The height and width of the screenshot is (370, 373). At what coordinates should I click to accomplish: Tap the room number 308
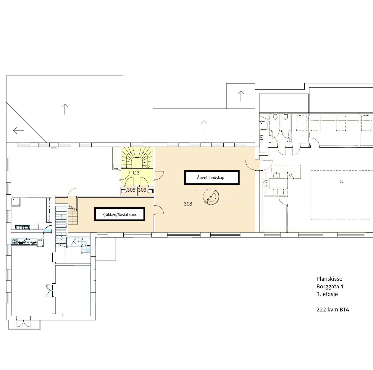pos(188,204)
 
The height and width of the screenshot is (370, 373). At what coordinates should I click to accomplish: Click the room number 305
pos(131,190)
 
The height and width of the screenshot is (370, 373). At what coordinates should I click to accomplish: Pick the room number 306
pos(142,190)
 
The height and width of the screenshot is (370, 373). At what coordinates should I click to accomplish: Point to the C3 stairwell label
pos(136,173)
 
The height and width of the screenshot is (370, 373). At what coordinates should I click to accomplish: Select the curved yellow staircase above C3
pos(137,158)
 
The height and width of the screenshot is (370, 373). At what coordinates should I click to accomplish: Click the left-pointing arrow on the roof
pos(19,130)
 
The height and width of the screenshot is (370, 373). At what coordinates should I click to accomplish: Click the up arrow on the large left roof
pos(64,109)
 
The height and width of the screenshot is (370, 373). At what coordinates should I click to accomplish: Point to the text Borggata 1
pos(330,286)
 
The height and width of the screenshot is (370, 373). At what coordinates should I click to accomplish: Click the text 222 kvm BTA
pos(332,310)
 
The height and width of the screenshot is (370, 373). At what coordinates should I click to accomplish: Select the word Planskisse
pos(329,279)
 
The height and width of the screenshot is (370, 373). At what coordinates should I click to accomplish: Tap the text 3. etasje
pos(327,294)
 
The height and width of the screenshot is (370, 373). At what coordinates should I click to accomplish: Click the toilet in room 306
pos(151,191)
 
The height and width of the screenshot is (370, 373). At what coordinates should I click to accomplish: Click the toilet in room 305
pos(123,191)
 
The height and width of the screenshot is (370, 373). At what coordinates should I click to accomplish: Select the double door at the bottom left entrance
pos(23,323)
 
